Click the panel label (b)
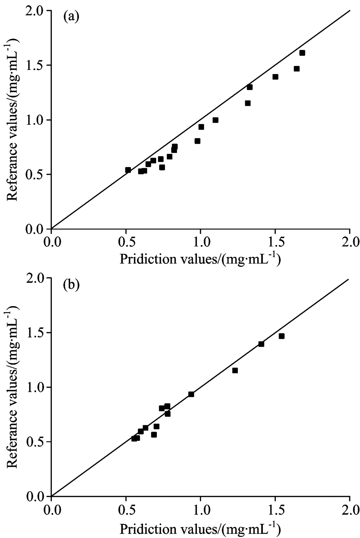(71, 285)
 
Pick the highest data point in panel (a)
(302, 53)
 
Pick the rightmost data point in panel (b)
(282, 336)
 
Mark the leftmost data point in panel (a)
(128, 170)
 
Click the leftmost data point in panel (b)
(134, 438)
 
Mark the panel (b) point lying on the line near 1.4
(261, 344)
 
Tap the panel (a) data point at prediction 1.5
(275, 77)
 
